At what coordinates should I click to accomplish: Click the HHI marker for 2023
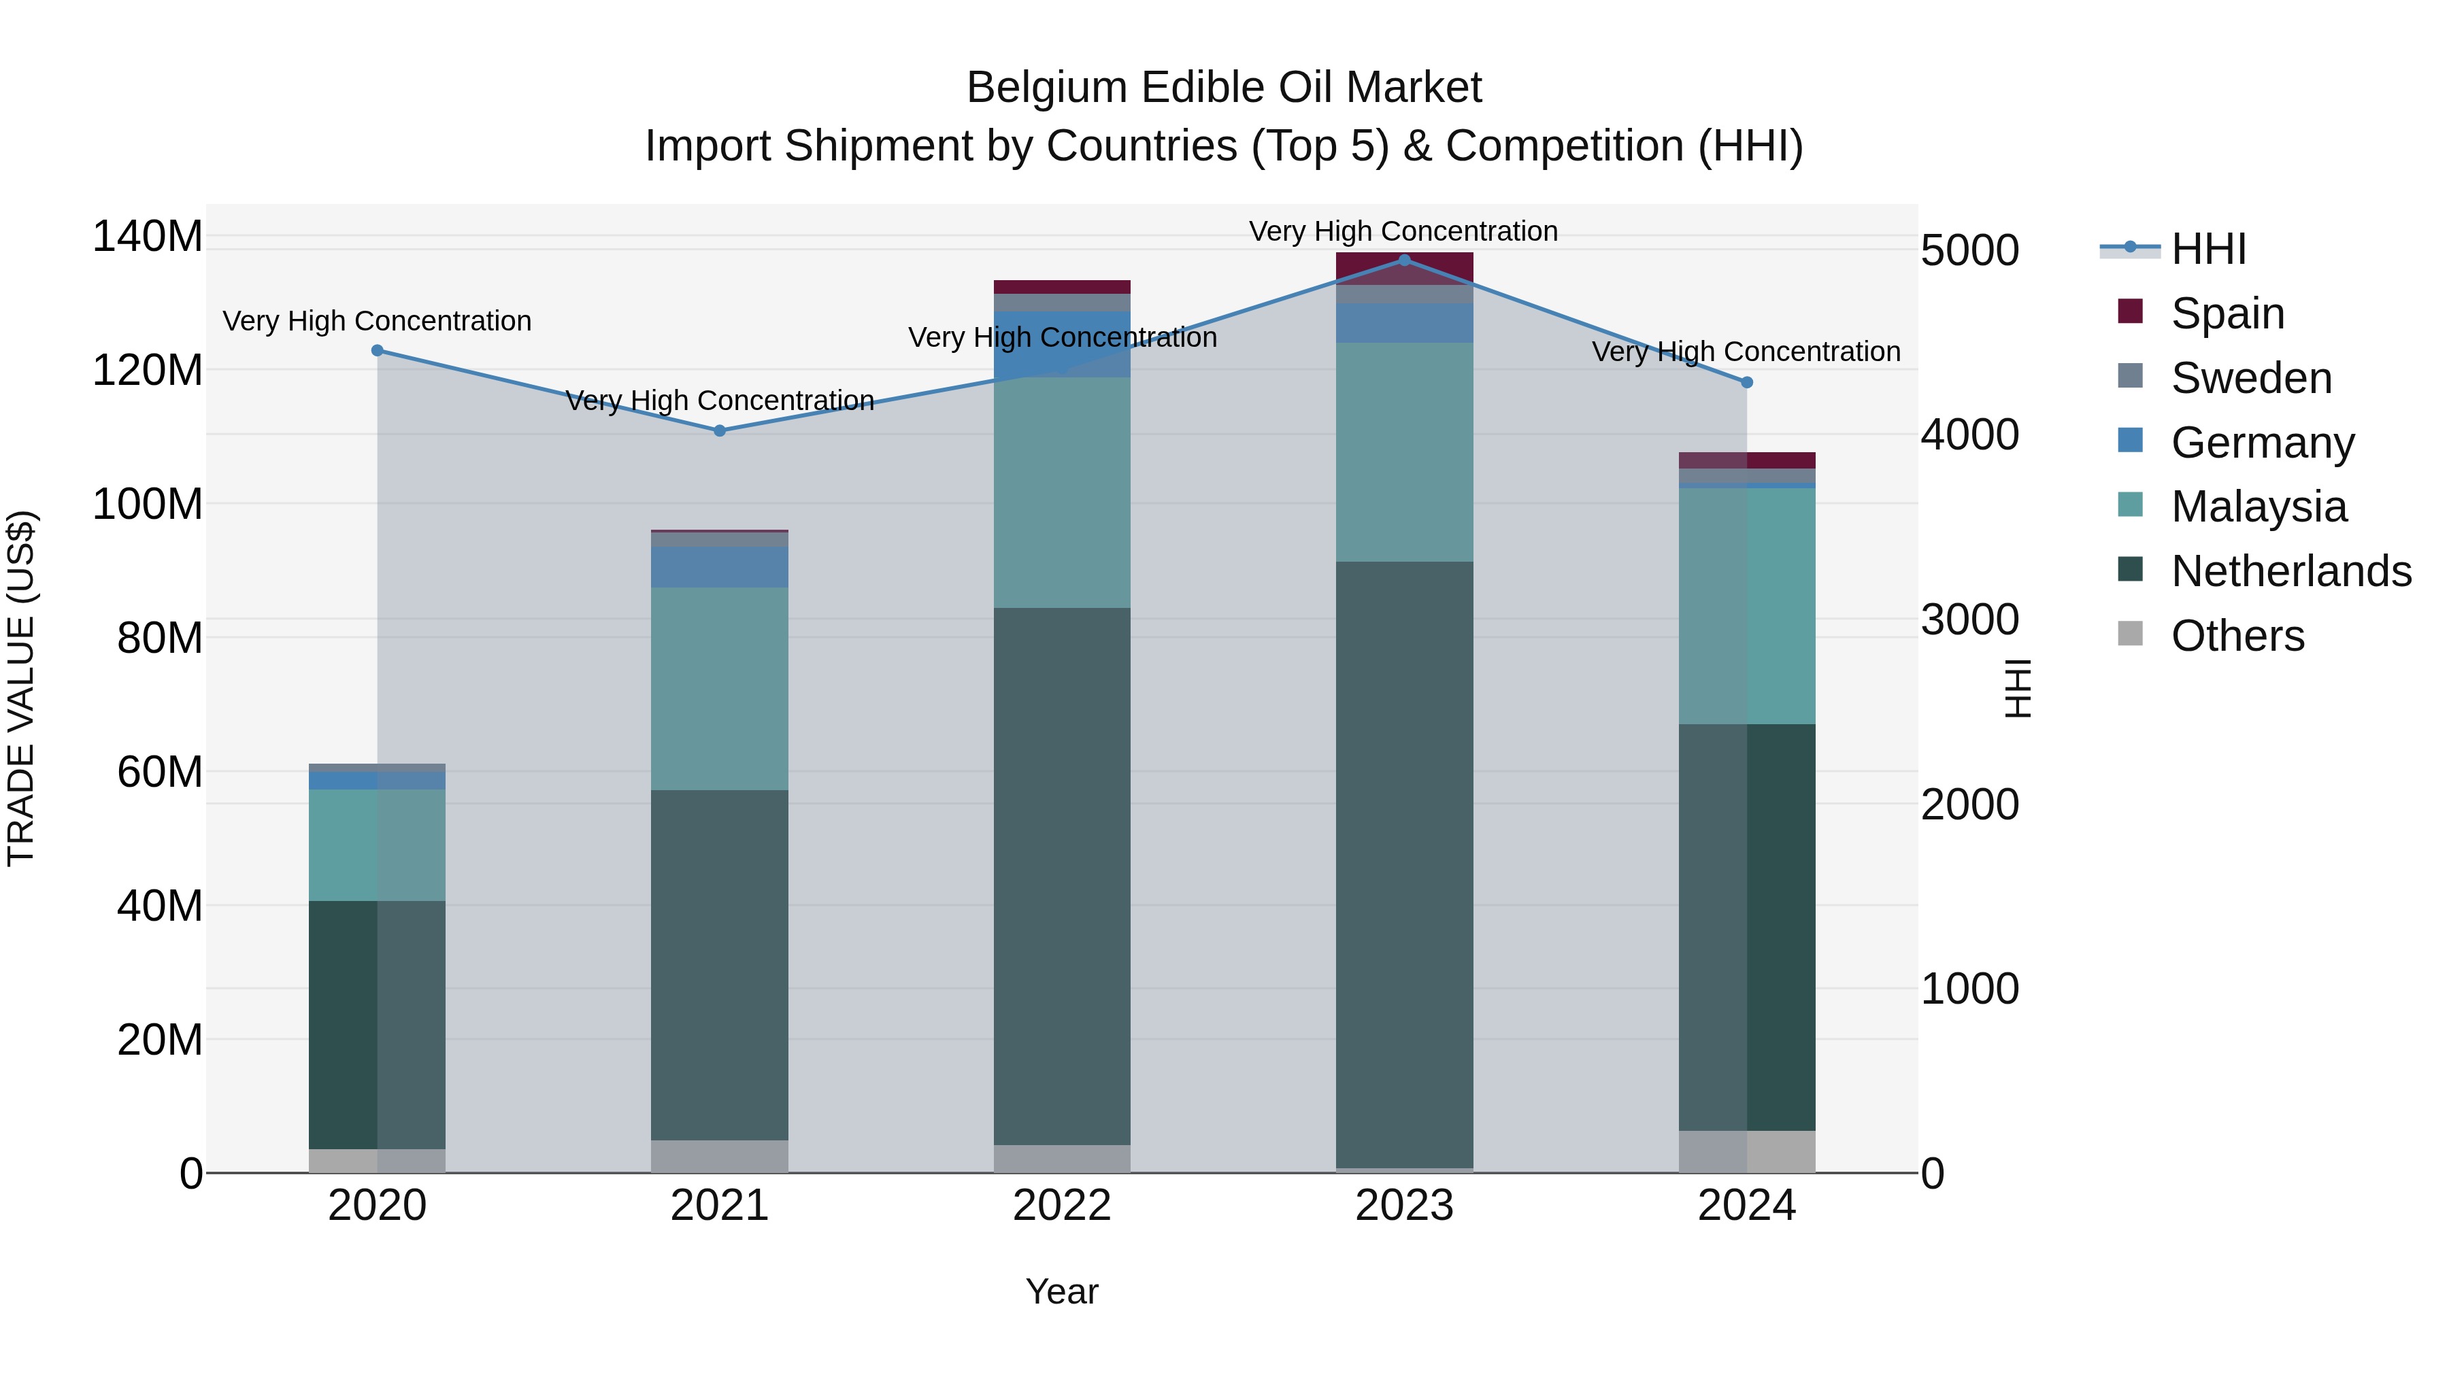pyautogui.click(x=1404, y=260)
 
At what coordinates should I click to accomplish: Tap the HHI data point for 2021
pyautogui.click(x=720, y=430)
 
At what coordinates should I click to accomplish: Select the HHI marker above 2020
pyautogui.click(x=378, y=351)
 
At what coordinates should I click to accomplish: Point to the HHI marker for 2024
pyautogui.click(x=1746, y=383)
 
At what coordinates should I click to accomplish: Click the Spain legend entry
pyautogui.click(x=2227, y=313)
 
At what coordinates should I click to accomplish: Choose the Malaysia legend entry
pyautogui.click(x=2258, y=507)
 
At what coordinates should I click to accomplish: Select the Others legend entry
pyautogui.click(x=2237, y=636)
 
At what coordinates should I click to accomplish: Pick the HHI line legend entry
pyautogui.click(x=2208, y=249)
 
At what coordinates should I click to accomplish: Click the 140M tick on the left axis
pyautogui.click(x=148, y=236)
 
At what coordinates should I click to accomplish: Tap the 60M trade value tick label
pyautogui.click(x=159, y=772)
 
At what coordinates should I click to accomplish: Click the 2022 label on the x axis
pyautogui.click(x=1062, y=1206)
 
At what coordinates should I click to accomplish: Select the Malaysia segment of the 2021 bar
pyautogui.click(x=720, y=689)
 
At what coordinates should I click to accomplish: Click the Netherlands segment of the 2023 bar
pyautogui.click(x=1404, y=865)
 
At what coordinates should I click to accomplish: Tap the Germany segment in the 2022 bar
pyautogui.click(x=1062, y=344)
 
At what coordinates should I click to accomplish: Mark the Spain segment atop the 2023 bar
pyautogui.click(x=1404, y=269)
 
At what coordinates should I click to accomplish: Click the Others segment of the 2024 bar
pyautogui.click(x=1746, y=1152)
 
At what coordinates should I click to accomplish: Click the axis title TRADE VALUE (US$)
pyautogui.click(x=21, y=688)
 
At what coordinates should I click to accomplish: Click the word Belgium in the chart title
pyautogui.click(x=1048, y=88)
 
